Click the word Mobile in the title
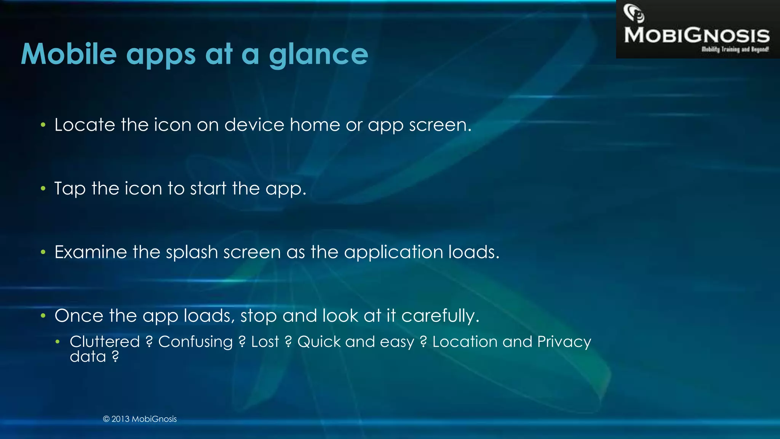(x=69, y=54)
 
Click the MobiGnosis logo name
(x=697, y=35)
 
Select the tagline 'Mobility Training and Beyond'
(x=735, y=50)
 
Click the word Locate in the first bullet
(x=85, y=125)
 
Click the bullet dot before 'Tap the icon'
(x=43, y=188)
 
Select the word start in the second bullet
(x=208, y=189)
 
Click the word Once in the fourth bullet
(x=79, y=316)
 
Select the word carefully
(x=440, y=316)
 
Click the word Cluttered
(x=105, y=342)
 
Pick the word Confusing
(x=195, y=342)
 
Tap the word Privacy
(x=564, y=342)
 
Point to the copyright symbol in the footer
(x=106, y=419)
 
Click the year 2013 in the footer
(x=120, y=419)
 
